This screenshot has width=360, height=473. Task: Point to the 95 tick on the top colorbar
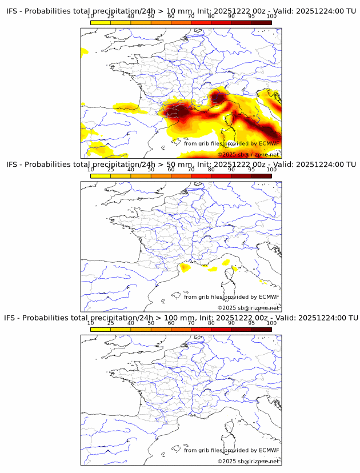point(251,17)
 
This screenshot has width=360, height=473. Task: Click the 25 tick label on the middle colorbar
point(111,170)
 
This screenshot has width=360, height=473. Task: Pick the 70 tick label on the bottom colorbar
point(191,323)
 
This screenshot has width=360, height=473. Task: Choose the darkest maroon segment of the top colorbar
point(261,23)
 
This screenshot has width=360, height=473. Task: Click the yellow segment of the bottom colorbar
point(101,329)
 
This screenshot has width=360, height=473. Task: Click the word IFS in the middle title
point(12,165)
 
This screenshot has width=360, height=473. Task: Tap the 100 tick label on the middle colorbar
point(271,170)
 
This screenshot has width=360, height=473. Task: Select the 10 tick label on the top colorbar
point(91,17)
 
